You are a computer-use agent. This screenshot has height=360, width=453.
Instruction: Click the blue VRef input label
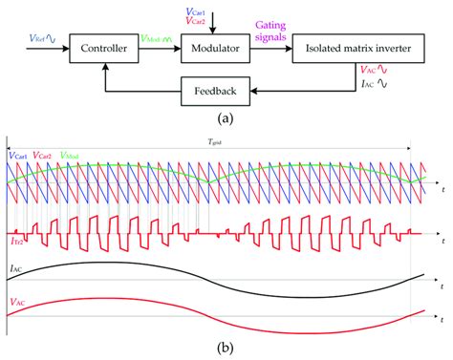click(43, 39)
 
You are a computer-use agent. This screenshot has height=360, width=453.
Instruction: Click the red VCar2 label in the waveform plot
click(43, 155)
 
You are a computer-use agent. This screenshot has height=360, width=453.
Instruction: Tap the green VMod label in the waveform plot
click(71, 155)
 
